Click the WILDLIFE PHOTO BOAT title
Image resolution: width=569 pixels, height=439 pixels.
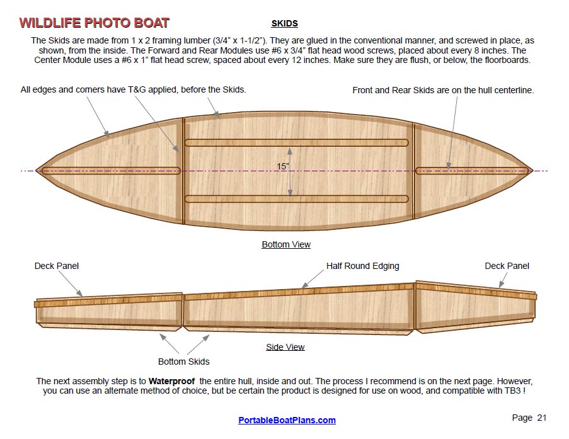click(x=94, y=23)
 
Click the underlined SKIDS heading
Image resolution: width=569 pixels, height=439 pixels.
click(x=284, y=24)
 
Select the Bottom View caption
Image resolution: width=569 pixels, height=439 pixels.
click(x=286, y=244)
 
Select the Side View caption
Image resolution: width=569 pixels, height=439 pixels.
click(x=285, y=347)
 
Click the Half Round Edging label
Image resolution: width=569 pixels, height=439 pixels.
click(x=362, y=266)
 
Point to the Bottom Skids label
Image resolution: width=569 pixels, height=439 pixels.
click(x=183, y=362)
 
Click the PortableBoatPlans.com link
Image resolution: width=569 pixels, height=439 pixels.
click(x=287, y=420)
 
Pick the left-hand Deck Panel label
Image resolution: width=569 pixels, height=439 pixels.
click(x=57, y=266)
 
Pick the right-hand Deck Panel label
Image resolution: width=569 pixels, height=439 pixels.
click(x=507, y=266)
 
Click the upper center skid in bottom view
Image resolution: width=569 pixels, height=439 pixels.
click(x=296, y=142)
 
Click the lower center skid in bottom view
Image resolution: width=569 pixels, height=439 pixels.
click(x=296, y=199)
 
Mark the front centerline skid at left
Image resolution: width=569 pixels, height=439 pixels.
click(x=110, y=171)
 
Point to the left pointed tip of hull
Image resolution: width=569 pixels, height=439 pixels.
click(x=37, y=170)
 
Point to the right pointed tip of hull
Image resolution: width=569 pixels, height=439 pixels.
click(x=532, y=170)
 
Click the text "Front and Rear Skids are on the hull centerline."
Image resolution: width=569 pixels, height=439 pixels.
click(x=443, y=90)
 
